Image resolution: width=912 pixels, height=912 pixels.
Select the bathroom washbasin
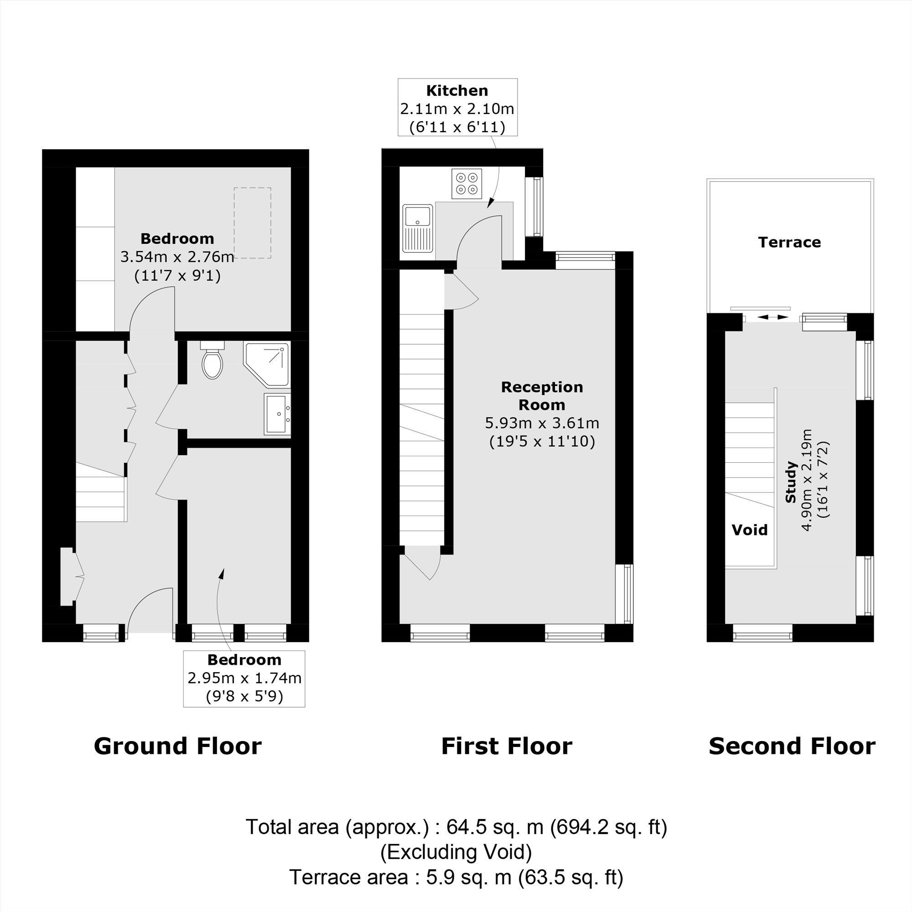(278, 414)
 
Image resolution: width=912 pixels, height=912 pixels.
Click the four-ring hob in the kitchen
(466, 184)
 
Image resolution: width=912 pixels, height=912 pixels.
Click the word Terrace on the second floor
(789, 242)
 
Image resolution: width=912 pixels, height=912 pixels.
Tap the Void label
(750, 529)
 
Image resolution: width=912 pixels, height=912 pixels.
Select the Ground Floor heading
(177, 746)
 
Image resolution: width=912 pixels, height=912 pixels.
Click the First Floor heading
(507, 746)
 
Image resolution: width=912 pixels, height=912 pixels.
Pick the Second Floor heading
(792, 746)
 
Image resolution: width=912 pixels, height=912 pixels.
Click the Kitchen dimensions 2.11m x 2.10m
(457, 109)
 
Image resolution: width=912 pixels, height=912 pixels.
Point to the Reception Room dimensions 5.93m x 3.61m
(542, 423)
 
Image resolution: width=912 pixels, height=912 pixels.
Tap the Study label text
(791, 482)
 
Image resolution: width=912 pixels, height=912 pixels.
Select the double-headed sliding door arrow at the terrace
(770, 317)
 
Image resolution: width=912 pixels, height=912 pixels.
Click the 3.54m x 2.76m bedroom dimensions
(177, 257)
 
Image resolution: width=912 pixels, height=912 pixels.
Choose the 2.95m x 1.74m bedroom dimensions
(244, 678)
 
